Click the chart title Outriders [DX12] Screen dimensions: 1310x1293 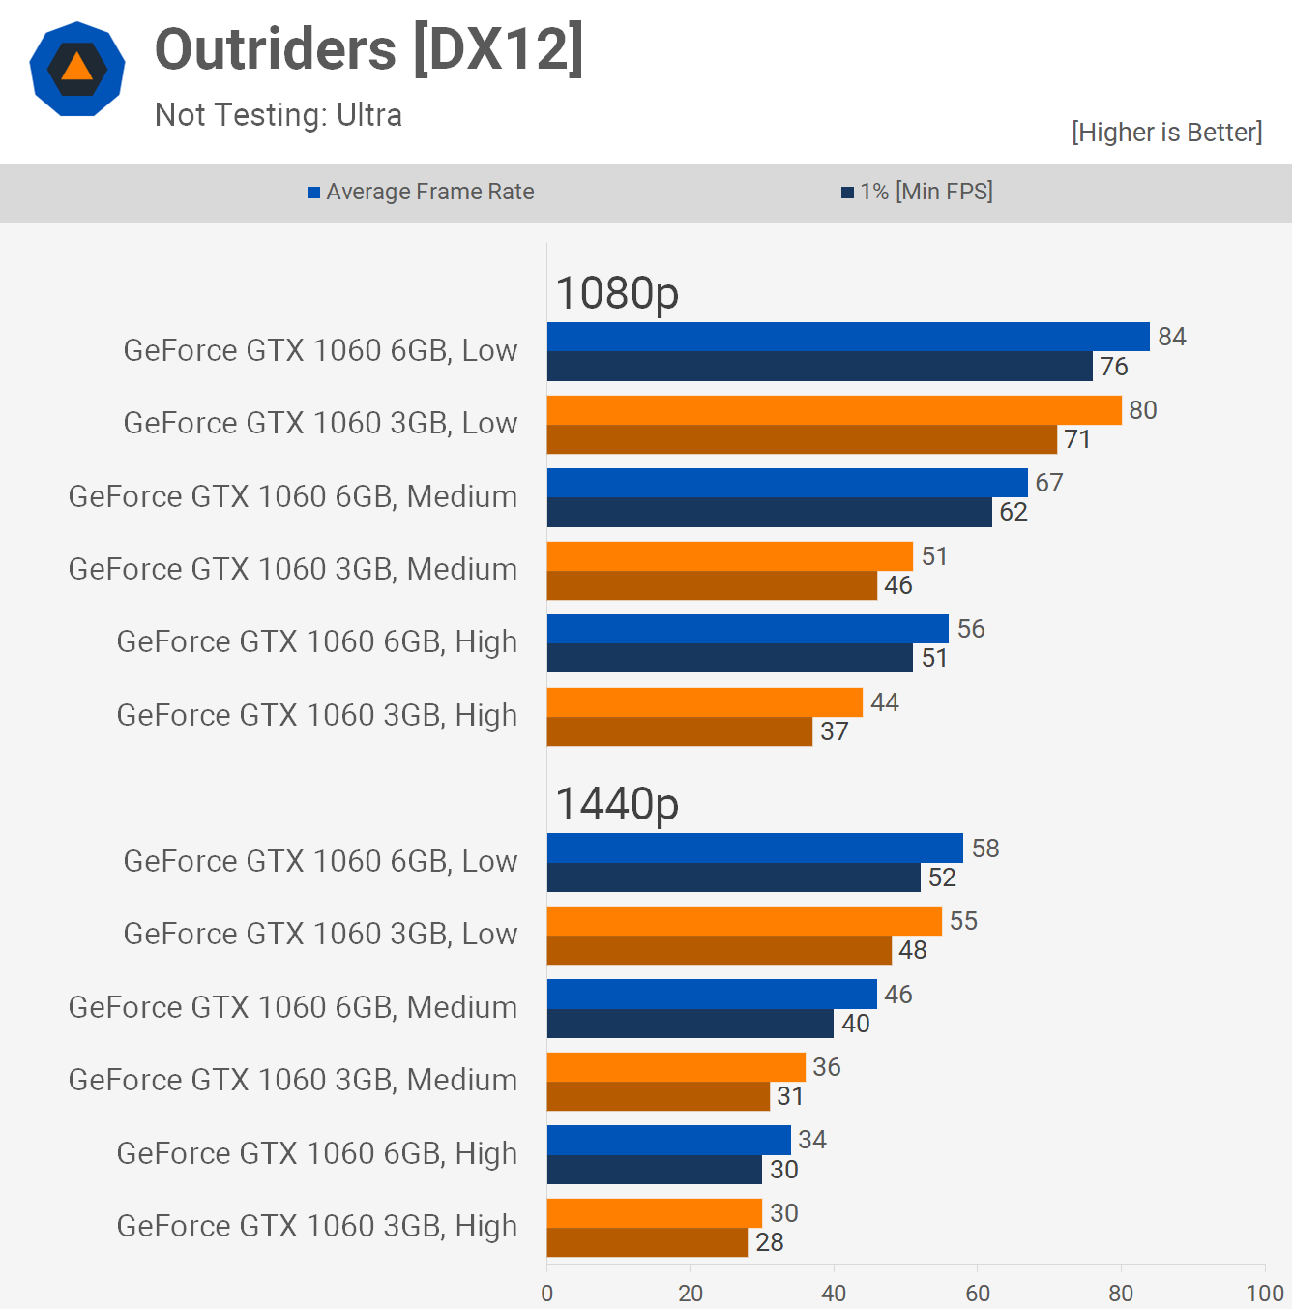[368, 49]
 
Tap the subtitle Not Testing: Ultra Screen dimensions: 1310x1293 [279, 115]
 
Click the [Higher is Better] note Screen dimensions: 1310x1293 [1166, 132]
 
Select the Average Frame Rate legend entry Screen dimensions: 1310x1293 [421, 192]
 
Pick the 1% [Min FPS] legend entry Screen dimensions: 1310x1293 [917, 192]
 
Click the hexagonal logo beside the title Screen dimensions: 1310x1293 [77, 69]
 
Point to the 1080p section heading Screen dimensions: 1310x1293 [617, 292]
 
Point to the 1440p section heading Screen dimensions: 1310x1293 [617, 803]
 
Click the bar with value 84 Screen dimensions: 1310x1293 [848, 337]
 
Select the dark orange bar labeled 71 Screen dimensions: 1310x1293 [802, 439]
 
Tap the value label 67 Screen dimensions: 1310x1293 [1049, 483]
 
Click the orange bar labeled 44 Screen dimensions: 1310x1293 [704, 702]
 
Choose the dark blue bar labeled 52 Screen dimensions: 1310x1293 [733, 878]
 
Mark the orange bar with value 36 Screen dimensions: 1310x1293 [676, 1067]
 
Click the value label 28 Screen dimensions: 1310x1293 [770, 1242]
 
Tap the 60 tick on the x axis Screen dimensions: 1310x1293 [978, 1293]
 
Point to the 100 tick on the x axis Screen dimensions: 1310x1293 [1264, 1293]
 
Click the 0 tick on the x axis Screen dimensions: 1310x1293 [547, 1293]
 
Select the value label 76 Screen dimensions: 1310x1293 [1114, 367]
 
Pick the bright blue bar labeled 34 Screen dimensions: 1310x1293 [668, 1140]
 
